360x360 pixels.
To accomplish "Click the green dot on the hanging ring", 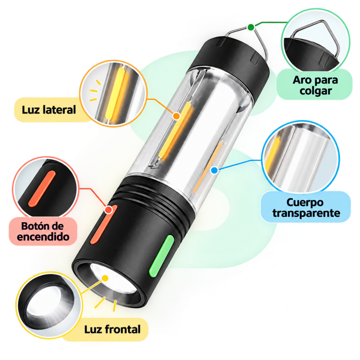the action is pyautogui.click(x=251, y=27).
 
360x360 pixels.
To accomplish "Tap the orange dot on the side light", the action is pyautogui.click(x=176, y=116).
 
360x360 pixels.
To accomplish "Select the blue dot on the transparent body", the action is pyautogui.click(x=214, y=170).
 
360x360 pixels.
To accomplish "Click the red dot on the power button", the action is pyautogui.click(x=108, y=210).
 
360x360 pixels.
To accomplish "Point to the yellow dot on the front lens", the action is pyautogui.click(x=105, y=278).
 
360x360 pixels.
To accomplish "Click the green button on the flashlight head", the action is pyautogui.click(x=161, y=256).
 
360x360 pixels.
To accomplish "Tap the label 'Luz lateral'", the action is pyautogui.click(x=49, y=110).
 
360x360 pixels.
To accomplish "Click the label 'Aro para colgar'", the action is pyautogui.click(x=315, y=85).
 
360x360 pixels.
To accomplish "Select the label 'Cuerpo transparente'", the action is pyautogui.click(x=306, y=208).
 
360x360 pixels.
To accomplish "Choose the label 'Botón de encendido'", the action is pyautogui.click(x=43, y=231).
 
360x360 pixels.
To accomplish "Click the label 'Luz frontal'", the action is pyautogui.click(x=112, y=329).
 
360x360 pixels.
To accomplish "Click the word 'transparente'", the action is pyautogui.click(x=306, y=213).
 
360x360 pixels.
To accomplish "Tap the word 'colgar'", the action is pyautogui.click(x=316, y=91).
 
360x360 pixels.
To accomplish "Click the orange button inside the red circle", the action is pyautogui.click(x=42, y=189).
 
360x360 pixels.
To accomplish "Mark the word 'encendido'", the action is pyautogui.click(x=43, y=237).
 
